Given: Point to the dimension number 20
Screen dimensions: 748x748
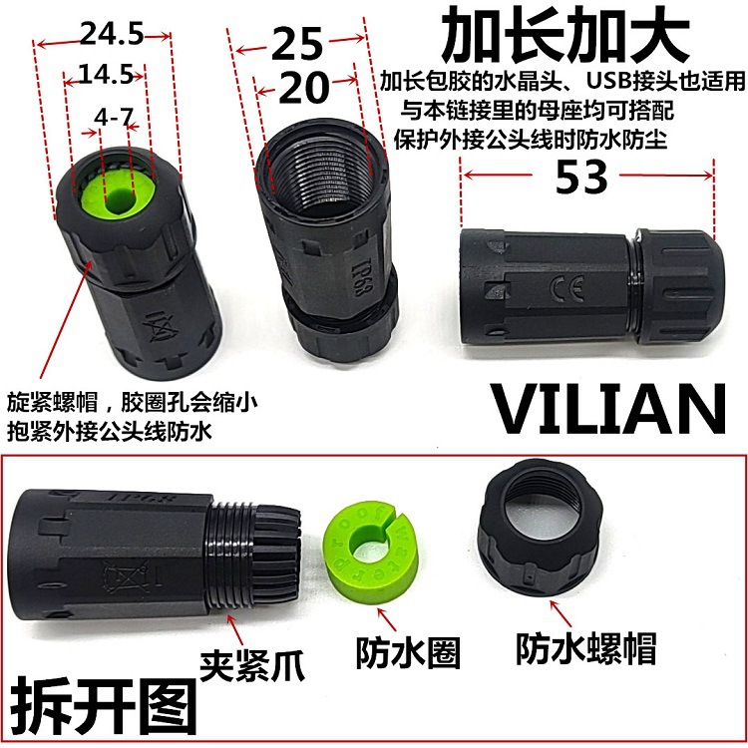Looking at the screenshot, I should [x=303, y=89].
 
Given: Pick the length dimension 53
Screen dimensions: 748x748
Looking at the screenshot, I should [x=581, y=179].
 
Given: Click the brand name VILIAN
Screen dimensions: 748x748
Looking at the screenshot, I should [x=609, y=409].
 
